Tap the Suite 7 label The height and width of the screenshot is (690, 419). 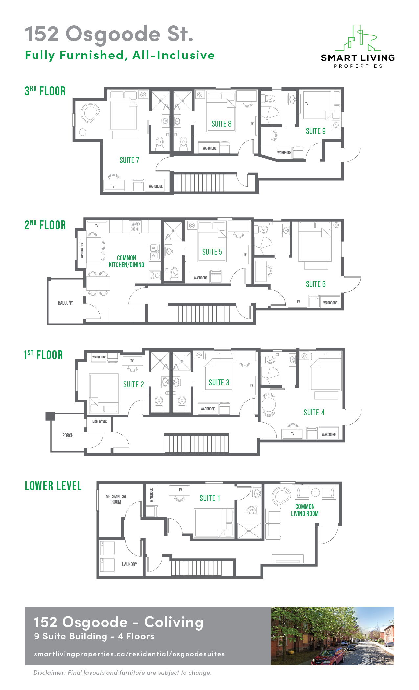click(x=129, y=160)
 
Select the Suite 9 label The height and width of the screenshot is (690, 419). click(x=316, y=131)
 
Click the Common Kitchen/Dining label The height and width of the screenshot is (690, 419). click(x=127, y=261)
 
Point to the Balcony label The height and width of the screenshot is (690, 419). click(x=65, y=303)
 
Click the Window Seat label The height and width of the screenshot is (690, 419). click(x=82, y=250)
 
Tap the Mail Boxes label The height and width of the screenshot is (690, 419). click(x=100, y=422)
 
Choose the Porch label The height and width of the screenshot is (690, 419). click(x=68, y=435)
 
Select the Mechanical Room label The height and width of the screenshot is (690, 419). click(x=116, y=499)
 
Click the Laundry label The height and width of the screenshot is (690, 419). click(x=129, y=564)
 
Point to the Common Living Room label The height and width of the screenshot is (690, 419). click(x=305, y=510)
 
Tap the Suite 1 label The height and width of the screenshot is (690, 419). click(x=210, y=498)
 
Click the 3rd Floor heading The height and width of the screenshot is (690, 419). click(x=45, y=91)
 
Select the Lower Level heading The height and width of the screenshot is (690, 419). click(x=53, y=486)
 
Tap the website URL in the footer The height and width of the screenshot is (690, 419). click(x=129, y=654)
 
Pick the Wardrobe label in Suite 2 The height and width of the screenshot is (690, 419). click(x=99, y=357)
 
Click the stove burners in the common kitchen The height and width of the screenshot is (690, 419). click(x=135, y=226)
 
